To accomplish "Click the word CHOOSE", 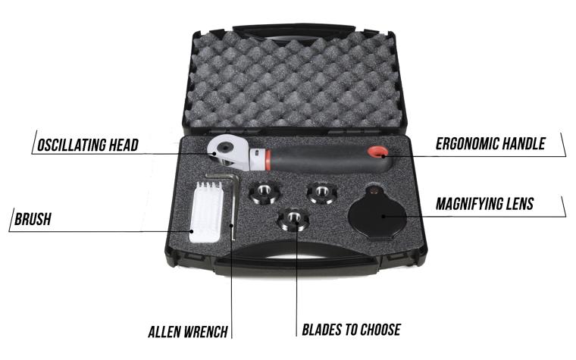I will tap(378, 330).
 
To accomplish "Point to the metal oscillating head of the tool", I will tap(225, 152).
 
